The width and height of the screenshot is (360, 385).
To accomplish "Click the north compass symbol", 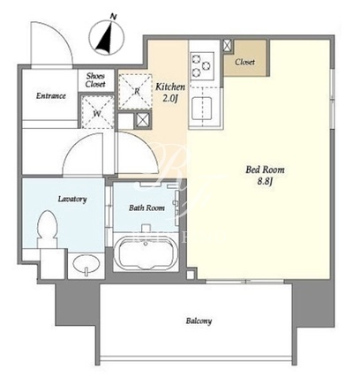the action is (107, 37).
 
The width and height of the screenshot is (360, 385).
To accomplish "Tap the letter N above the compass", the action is (113, 17).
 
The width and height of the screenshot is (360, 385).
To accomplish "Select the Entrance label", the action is (51, 95).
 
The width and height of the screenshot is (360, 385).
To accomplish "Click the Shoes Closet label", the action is (95, 80).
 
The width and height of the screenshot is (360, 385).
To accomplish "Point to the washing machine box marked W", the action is (97, 112).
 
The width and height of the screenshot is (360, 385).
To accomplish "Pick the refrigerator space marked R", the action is (136, 92).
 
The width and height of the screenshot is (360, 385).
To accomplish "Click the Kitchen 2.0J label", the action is (170, 92).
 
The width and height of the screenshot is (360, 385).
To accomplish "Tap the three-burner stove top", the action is (202, 66).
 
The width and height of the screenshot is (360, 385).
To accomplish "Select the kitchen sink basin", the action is (202, 109).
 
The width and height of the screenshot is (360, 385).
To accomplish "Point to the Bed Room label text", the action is (265, 170).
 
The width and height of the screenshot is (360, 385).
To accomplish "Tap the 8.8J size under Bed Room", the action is (266, 181).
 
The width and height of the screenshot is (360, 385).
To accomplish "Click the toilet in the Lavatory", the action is (47, 229).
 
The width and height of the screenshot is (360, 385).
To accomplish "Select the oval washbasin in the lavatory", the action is (86, 265).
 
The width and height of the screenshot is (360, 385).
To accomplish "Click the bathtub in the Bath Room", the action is (146, 253).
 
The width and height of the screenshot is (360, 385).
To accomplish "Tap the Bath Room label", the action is (146, 208).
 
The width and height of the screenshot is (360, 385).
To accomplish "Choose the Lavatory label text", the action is (72, 200).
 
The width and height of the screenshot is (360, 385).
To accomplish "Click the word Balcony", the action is (199, 321).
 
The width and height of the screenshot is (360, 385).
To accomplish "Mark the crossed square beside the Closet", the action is (228, 45).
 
